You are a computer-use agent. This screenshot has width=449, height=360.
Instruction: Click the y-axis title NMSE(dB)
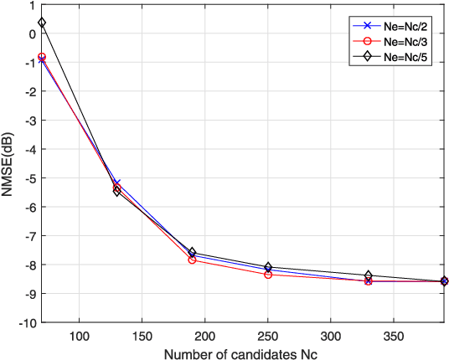click(10, 163)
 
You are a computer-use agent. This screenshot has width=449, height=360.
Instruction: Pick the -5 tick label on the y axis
click(28, 177)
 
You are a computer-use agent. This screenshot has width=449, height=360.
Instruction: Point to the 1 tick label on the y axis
click(31, 5)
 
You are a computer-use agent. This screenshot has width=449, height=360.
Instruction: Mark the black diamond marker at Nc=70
click(42, 23)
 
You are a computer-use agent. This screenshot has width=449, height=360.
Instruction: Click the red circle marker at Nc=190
click(192, 260)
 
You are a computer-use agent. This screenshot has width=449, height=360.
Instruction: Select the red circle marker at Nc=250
click(268, 275)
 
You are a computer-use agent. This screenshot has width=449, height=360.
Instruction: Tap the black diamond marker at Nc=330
click(369, 275)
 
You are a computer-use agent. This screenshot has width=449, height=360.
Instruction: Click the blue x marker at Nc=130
click(117, 183)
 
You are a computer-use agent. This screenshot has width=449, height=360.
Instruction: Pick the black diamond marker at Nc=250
click(268, 267)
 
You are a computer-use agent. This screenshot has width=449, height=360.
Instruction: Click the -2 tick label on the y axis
click(28, 91)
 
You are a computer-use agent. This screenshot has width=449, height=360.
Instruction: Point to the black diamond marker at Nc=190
click(192, 252)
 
